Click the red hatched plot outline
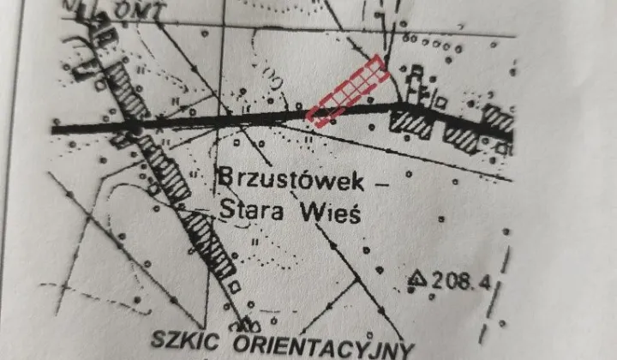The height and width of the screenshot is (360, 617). pyautogui.click(x=348, y=91)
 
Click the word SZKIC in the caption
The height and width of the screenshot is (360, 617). pyautogui.click(x=183, y=338)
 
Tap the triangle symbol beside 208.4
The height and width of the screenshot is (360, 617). pyautogui.click(x=417, y=277)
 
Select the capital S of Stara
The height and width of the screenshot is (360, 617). pyautogui.click(x=226, y=208)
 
